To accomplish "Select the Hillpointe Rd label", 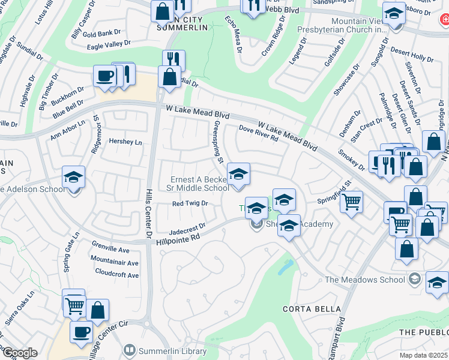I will point(177,238).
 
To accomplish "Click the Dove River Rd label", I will point(258,133).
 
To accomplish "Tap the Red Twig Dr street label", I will point(189,203).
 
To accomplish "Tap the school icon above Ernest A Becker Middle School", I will point(238,175).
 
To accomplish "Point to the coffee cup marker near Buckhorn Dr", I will point(105,76).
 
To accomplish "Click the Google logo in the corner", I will point(19,353).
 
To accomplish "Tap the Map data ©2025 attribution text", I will point(424,355).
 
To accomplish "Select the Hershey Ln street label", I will point(125,142).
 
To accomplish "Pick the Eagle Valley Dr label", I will point(109,44).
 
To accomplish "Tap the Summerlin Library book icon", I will point(129,349).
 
